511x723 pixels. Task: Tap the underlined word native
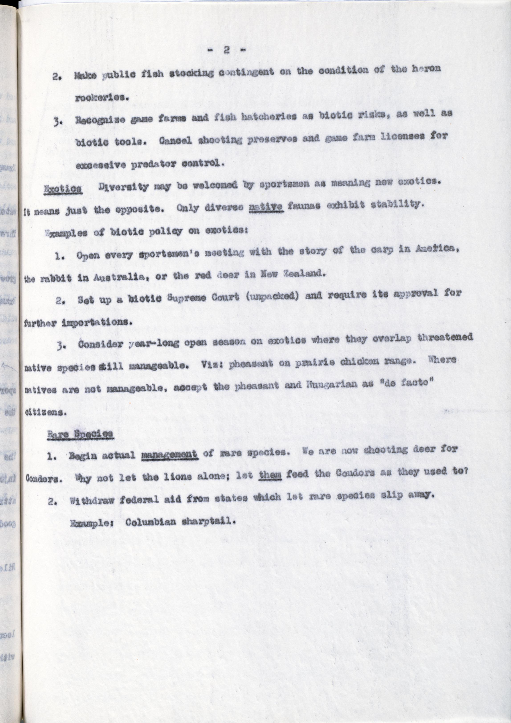point(266,207)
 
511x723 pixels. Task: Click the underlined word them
point(270,474)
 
